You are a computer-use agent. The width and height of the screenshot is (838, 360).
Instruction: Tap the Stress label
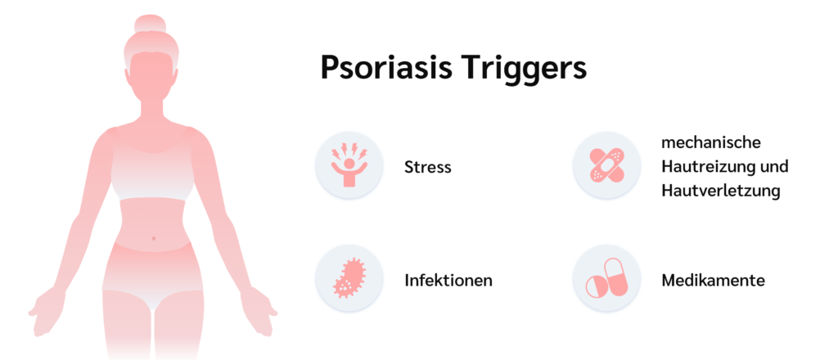click(427, 167)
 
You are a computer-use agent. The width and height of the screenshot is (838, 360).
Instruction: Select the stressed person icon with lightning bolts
click(349, 165)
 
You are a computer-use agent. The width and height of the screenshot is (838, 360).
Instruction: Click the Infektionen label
click(448, 281)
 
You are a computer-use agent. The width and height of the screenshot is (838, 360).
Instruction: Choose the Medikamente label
click(713, 281)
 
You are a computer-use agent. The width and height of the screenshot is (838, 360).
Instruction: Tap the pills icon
click(606, 278)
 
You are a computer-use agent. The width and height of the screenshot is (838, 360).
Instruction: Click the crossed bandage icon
click(606, 164)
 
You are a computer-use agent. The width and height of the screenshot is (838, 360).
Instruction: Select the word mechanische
click(711, 143)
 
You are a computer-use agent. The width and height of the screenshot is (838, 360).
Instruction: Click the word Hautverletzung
click(720, 191)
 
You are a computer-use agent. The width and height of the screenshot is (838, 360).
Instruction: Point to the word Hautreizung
click(705, 167)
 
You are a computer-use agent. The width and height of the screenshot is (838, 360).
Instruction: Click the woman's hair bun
click(151, 24)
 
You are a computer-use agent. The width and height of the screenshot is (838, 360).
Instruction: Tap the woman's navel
click(154, 238)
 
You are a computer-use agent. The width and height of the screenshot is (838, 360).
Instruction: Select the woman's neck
click(151, 111)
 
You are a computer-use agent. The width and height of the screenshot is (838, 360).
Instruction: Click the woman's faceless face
click(151, 78)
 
